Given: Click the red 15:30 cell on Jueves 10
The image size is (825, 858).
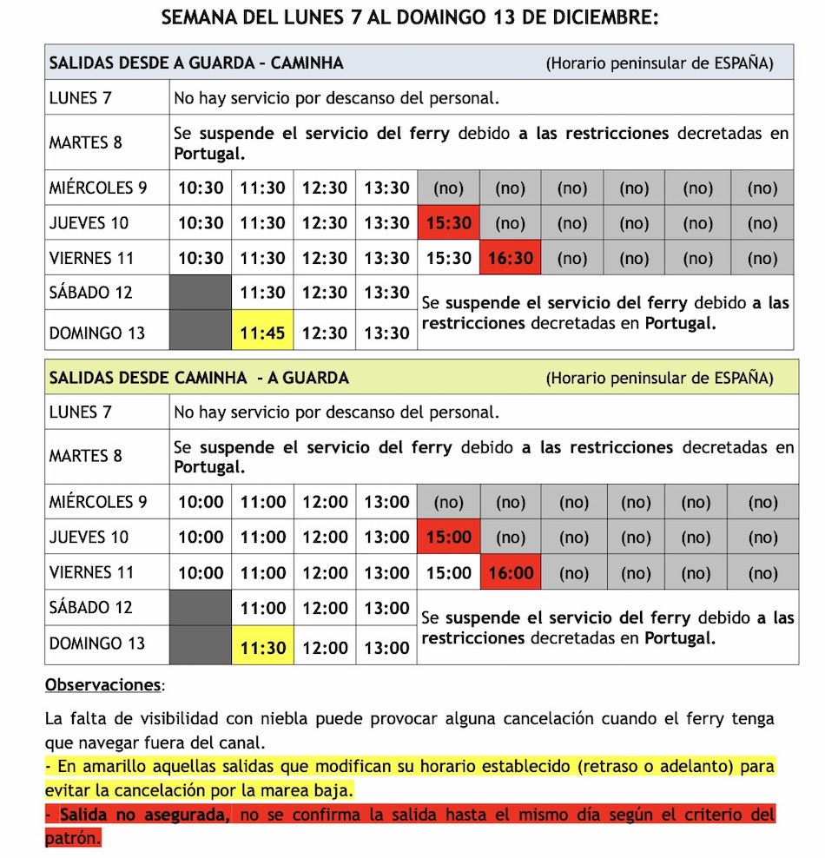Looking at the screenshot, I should pyautogui.click(x=448, y=223).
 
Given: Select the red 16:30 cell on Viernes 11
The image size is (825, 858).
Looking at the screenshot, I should pyautogui.click(x=511, y=258).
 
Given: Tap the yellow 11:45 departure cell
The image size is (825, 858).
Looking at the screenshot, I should pyautogui.click(x=262, y=333).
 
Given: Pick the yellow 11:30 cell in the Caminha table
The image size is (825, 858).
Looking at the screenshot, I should pyautogui.click(x=262, y=647).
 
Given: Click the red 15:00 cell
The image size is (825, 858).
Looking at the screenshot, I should pyautogui.click(x=448, y=538).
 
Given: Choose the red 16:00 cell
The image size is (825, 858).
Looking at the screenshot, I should pyautogui.click(x=511, y=573).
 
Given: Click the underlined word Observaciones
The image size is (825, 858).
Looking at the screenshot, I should pyautogui.click(x=102, y=685).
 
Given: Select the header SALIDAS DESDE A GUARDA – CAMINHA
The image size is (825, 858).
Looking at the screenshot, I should pyautogui.click(x=196, y=63).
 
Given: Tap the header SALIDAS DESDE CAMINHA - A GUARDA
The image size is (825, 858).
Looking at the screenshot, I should pyautogui.click(x=199, y=378).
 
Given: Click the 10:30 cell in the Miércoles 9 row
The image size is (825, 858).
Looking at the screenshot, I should pyautogui.click(x=201, y=188).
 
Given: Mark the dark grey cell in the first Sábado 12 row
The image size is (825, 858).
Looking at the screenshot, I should pyautogui.click(x=201, y=293).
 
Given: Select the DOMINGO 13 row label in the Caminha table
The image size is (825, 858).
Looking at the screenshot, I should pyautogui.click(x=97, y=643).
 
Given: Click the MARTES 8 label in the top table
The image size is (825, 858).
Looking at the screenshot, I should pyautogui.click(x=86, y=142).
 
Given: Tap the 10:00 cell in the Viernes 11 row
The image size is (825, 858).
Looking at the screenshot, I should pyautogui.click(x=201, y=573).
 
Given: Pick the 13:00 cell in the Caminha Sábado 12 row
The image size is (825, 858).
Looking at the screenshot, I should pyautogui.click(x=386, y=608).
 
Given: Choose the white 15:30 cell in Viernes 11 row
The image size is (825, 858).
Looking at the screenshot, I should pyautogui.click(x=448, y=258).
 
